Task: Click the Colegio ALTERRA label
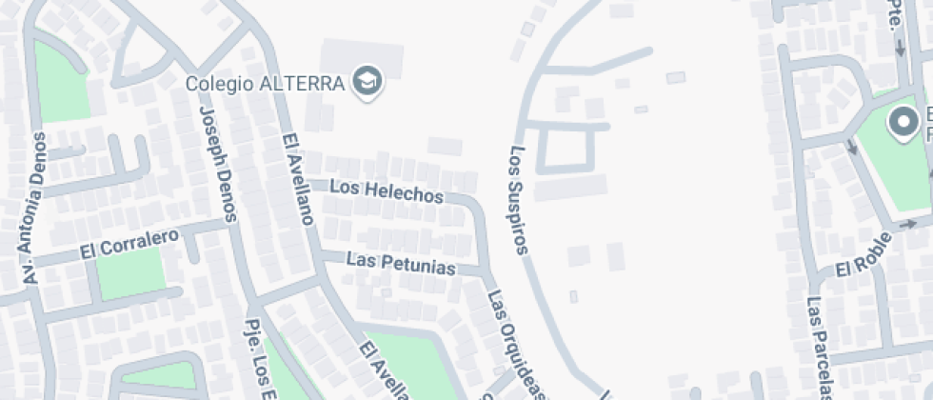264,83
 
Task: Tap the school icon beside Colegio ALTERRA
367,82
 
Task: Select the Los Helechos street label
387,190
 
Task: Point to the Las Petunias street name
401,262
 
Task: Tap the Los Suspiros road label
519,201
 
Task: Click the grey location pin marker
902,123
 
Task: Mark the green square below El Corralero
130,272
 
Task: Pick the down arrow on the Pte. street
901,51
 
